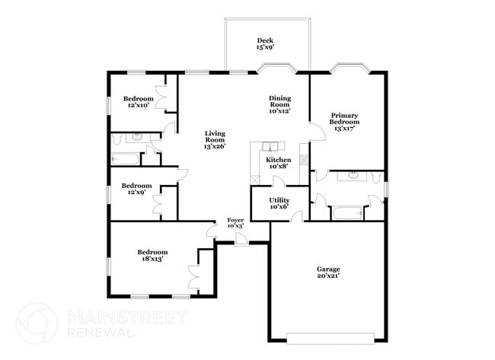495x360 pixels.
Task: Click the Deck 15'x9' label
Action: tap(265, 44)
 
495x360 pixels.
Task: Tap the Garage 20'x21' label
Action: tap(328, 272)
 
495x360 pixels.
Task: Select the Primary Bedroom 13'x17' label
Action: tap(344, 122)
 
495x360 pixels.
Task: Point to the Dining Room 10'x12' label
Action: tap(279, 104)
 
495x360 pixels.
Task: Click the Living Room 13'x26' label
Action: tap(215, 139)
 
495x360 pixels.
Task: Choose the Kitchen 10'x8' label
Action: tap(278, 163)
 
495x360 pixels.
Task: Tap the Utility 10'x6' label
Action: tap(279, 202)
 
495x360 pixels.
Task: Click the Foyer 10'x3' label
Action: tap(235, 223)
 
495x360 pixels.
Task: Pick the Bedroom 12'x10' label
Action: tap(138, 102)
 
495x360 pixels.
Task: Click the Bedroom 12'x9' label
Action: tap(137, 189)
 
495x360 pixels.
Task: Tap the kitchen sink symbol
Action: tap(270, 146)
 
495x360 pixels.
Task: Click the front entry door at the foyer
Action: tap(241, 240)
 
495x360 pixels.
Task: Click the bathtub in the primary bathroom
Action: tap(350, 213)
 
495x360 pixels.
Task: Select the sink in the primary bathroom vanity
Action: tap(353, 176)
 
